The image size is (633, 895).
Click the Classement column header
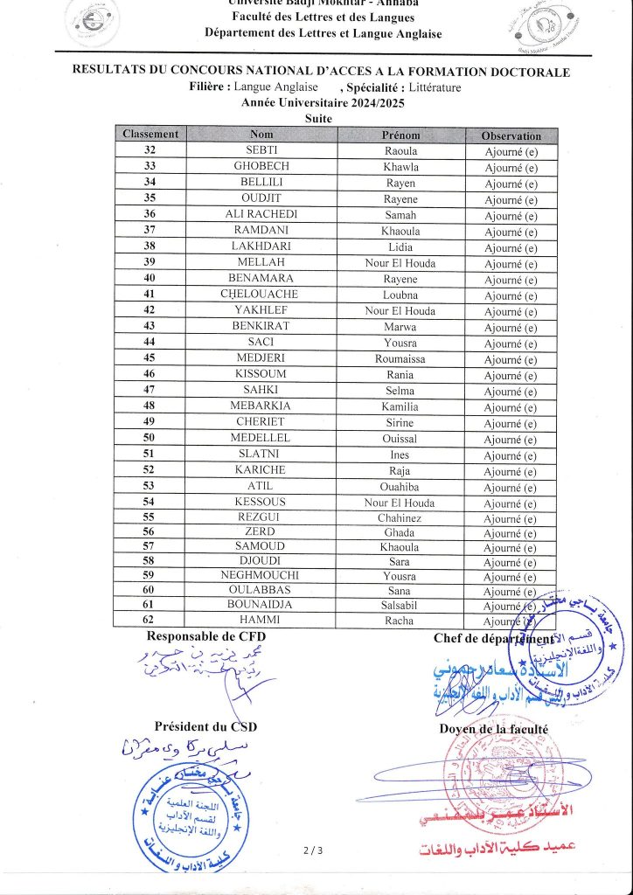coord(150,135)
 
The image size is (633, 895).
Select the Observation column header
coord(511,135)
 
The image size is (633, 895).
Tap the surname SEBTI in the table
coord(261,151)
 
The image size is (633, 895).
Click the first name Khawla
coord(400,167)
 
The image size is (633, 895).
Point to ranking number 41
coord(150,295)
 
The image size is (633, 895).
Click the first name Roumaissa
coord(400,358)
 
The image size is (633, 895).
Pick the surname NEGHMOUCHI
coord(261,576)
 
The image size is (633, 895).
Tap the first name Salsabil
coord(400,606)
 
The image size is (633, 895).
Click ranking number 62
coord(150,621)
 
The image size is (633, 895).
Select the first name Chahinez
coord(400,517)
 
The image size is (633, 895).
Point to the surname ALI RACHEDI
coord(261,215)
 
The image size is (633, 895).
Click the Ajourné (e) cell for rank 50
coord(511,439)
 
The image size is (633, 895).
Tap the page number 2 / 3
coord(313,850)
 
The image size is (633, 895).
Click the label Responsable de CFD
coord(206,637)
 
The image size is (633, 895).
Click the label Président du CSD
coord(205,726)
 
